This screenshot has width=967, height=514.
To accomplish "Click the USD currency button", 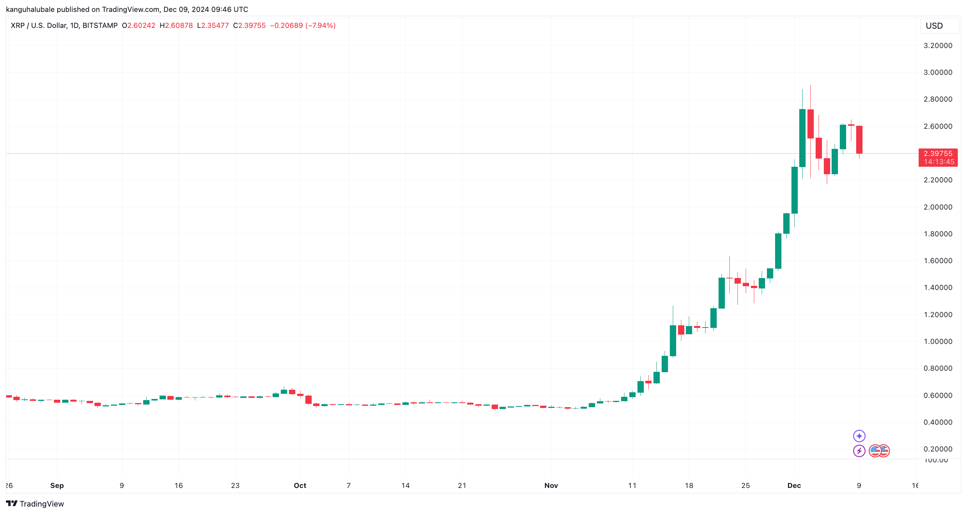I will click(934, 26).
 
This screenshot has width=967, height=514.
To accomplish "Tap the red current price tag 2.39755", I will click(938, 154).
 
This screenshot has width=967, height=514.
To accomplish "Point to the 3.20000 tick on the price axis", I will click(938, 46).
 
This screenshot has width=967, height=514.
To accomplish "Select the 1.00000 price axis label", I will click(938, 342).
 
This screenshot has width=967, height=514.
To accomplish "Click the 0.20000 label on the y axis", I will click(938, 449).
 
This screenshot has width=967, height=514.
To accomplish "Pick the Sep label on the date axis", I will click(57, 485).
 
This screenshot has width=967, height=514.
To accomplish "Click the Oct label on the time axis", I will click(300, 485).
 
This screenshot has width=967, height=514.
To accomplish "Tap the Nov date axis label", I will click(551, 485).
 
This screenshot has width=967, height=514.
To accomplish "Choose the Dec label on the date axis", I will click(794, 485).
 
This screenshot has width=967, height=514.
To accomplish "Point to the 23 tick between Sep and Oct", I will click(235, 485).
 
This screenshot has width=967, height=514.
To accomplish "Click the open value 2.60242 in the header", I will click(141, 26).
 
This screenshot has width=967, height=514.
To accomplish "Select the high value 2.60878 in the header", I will click(179, 26).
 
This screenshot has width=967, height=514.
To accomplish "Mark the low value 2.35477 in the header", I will click(215, 26).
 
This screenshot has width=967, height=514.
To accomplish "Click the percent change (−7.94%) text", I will click(321, 26).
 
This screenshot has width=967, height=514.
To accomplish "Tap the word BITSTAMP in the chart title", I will click(100, 26).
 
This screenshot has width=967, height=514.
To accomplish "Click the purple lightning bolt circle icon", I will click(859, 450).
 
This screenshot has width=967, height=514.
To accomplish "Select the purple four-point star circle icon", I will click(859, 436).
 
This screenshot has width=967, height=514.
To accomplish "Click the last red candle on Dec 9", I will click(859, 140).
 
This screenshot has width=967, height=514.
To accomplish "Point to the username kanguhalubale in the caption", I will click(30, 9).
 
